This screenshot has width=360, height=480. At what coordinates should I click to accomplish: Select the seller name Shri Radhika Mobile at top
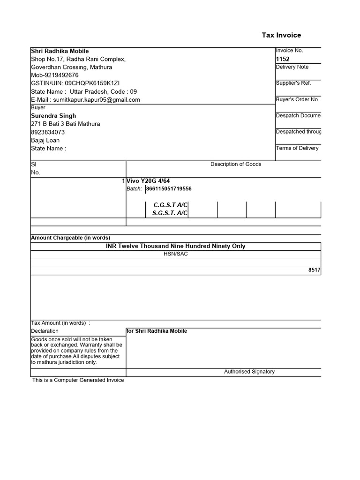[60, 51]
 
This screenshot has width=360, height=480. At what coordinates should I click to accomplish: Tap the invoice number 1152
[283, 59]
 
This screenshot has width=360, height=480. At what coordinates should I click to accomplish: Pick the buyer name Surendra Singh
[53, 116]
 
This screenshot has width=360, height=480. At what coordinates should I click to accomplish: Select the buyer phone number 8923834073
[48, 132]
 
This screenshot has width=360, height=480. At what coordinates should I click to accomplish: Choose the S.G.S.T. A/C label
[170, 213]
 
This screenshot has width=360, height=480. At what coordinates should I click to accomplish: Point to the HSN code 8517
[315, 270]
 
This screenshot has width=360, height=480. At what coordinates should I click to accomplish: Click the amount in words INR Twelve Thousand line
[176, 246]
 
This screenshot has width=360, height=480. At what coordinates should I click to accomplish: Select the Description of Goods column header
[236, 164]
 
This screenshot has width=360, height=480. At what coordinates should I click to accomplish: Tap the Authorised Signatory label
[249, 372]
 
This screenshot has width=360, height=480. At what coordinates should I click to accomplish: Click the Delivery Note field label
[292, 67]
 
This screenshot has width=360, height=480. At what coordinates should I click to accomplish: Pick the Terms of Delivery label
[297, 148]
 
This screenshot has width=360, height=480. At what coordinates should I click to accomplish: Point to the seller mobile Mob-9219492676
[55, 75]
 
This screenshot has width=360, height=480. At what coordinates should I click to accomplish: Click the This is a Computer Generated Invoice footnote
[78, 380]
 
